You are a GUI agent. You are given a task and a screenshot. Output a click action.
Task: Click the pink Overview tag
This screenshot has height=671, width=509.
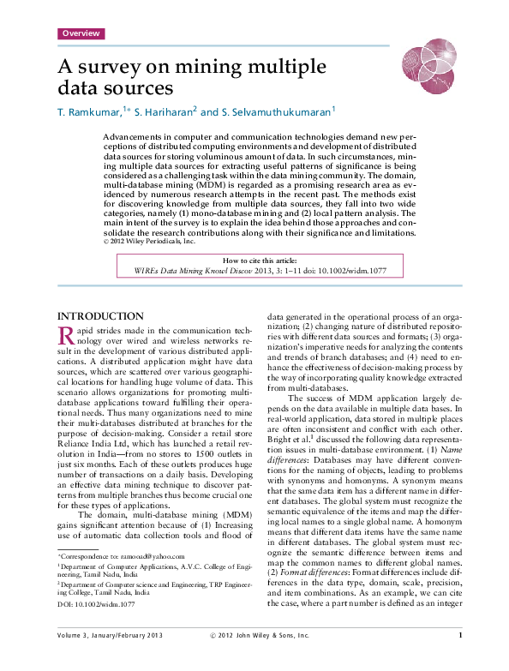click(81, 33)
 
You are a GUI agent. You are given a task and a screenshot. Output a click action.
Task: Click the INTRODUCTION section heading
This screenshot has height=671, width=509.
click(99, 316)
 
